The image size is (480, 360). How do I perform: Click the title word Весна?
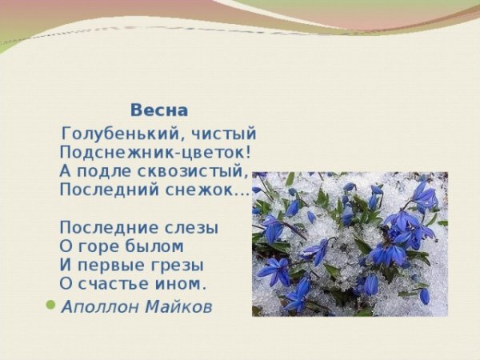click(x=159, y=110)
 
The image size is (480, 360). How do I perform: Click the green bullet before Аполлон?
click(x=52, y=305)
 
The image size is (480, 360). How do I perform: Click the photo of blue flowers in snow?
click(x=350, y=243)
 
